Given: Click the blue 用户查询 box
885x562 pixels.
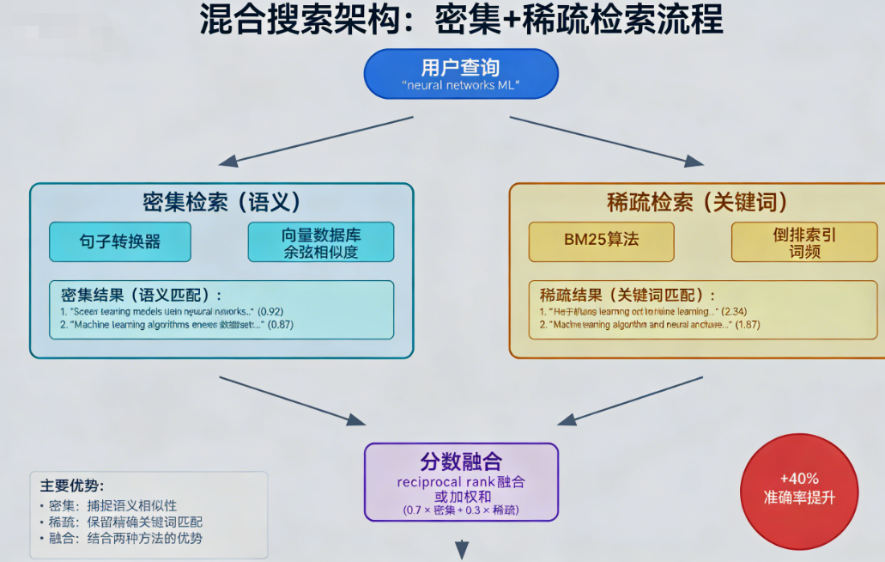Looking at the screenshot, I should point(461,75).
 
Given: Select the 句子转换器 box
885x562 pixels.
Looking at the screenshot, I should point(120,241).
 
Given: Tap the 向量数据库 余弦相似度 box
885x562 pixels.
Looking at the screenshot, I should point(320,241).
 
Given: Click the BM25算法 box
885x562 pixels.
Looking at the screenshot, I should point(601,241).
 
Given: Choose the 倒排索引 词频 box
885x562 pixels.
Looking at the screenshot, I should point(804,241).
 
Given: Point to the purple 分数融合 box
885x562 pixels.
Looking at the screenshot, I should point(461,482).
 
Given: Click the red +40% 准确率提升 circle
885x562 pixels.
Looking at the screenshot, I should point(798,488).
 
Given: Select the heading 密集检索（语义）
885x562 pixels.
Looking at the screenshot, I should point(221,203).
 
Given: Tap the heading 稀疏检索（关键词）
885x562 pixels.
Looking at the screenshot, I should point(697,203).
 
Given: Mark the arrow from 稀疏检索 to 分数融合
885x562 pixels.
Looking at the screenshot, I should point(631,400).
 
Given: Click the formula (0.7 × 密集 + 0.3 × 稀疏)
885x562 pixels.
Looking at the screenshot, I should point(461,510).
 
